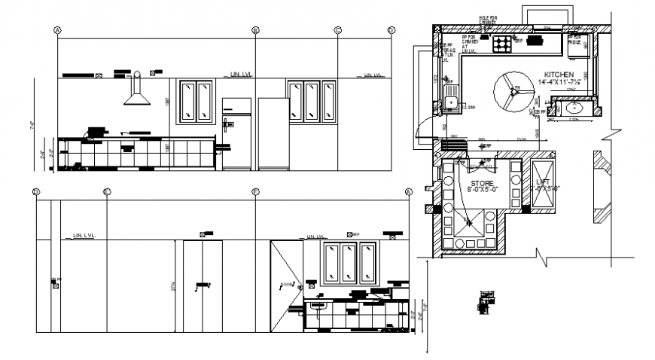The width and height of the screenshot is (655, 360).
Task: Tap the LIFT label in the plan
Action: click(544, 182)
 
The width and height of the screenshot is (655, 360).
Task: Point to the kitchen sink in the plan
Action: click(451, 100)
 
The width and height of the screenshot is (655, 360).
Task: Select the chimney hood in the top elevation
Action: click(136, 93)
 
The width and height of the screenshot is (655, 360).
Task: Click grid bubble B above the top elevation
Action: click(255, 30)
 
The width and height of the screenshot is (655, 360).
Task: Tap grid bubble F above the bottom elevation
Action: click(255, 193)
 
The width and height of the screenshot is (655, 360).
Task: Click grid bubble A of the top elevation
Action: click(57, 30)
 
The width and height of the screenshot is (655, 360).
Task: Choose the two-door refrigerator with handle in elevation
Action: click(236, 133)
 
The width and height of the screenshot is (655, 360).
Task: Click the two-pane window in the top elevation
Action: click(195, 101)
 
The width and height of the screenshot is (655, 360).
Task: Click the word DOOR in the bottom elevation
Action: click(286, 285)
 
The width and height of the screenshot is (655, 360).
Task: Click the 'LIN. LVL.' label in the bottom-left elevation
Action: click(87, 236)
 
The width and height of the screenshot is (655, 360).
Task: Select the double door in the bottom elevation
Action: click(202, 285)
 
